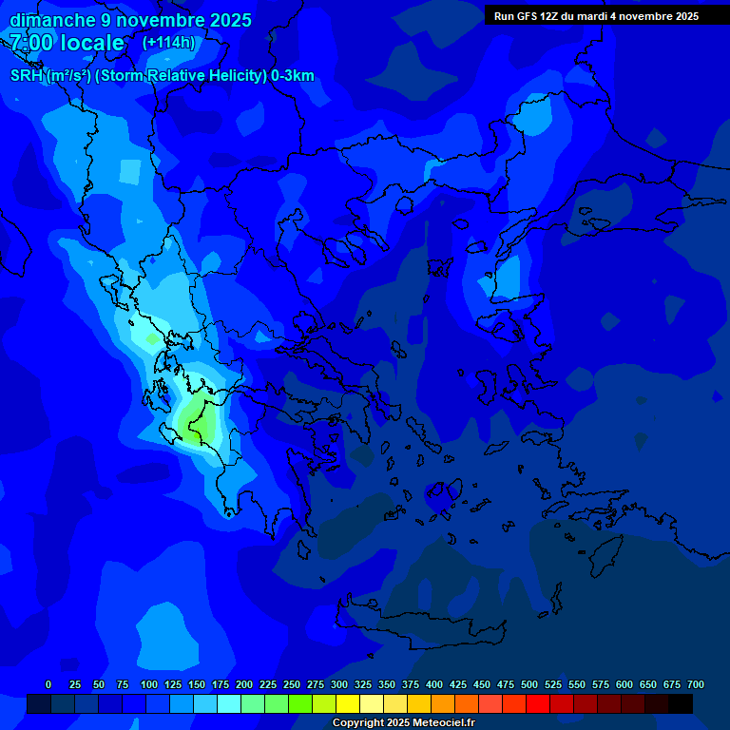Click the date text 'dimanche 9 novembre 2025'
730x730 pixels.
pyautogui.click(x=130, y=20)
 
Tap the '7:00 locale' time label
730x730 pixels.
pyautogui.click(x=67, y=43)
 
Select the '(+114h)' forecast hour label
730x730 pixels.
pyautogui.click(x=168, y=43)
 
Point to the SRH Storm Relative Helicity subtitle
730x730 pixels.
pyautogui.click(x=162, y=76)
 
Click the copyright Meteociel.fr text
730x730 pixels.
pyautogui.click(x=403, y=723)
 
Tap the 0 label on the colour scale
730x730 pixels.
pyautogui.click(x=48, y=684)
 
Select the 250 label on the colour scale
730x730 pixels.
pyautogui.click(x=292, y=684)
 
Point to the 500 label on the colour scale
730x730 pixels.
pyautogui.click(x=529, y=684)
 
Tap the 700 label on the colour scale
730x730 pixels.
pyautogui.click(x=696, y=684)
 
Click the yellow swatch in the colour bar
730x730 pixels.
pyautogui.click(x=348, y=703)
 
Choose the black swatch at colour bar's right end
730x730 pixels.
pyautogui.click(x=681, y=703)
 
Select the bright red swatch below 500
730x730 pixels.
pyautogui.click(x=538, y=703)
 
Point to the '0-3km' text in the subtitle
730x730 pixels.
pyautogui.click(x=293, y=76)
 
